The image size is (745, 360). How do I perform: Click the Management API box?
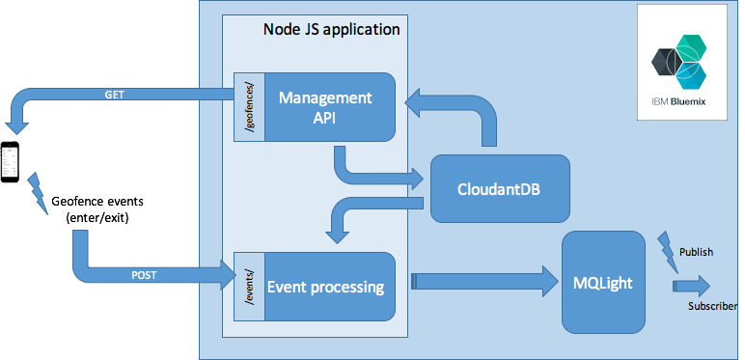point(324,108)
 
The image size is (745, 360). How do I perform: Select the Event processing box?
point(324,287)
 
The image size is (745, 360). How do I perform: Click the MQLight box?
point(603,282)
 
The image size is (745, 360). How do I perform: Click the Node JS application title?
point(331,29)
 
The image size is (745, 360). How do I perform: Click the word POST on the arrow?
point(145,275)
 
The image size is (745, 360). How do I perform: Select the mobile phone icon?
point(11,160)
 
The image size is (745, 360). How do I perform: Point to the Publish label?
point(696,252)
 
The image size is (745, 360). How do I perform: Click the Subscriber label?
point(713,307)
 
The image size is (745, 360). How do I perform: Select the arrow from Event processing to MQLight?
point(483,282)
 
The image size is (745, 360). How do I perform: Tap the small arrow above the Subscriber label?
point(691,285)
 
